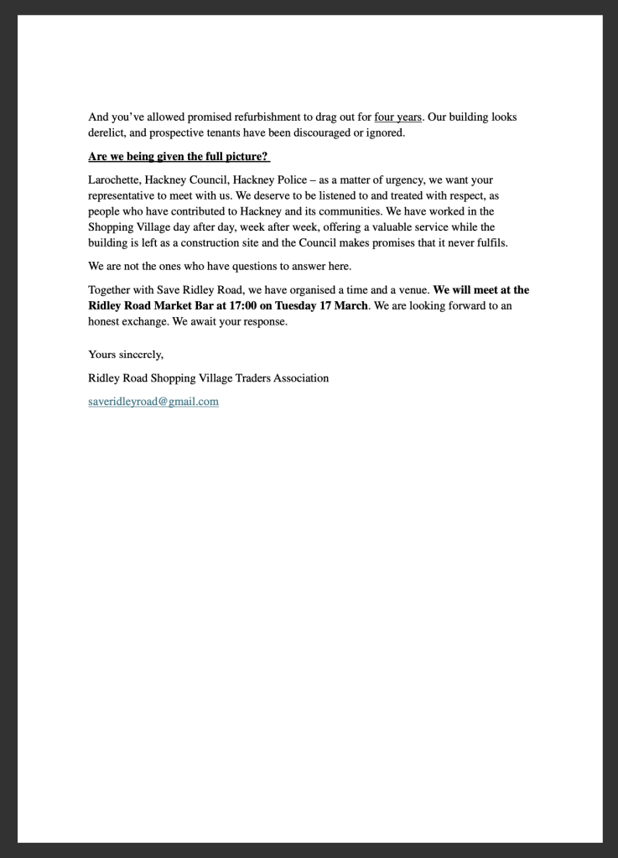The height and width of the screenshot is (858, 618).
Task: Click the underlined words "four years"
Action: tap(397, 117)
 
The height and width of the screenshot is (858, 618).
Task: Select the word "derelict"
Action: tap(108, 133)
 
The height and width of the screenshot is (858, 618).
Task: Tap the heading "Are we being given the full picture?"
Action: tap(179, 157)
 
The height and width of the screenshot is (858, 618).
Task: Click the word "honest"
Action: tap(106, 321)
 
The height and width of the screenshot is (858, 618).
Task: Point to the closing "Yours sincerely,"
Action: tap(126, 355)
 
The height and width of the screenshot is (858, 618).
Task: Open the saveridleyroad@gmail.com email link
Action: tap(153, 402)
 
